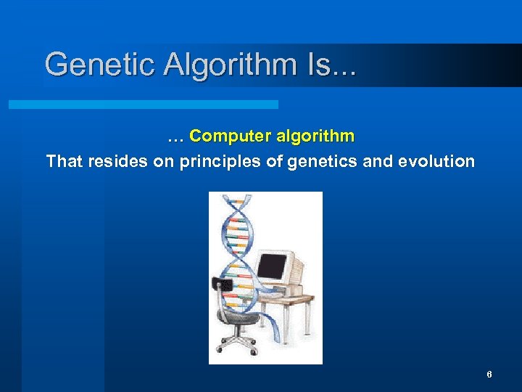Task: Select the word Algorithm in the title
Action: [x=230, y=65]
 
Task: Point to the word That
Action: [x=65, y=161]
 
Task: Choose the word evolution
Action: [x=437, y=161]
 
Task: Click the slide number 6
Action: [x=489, y=375]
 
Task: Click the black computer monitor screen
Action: [x=273, y=266]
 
